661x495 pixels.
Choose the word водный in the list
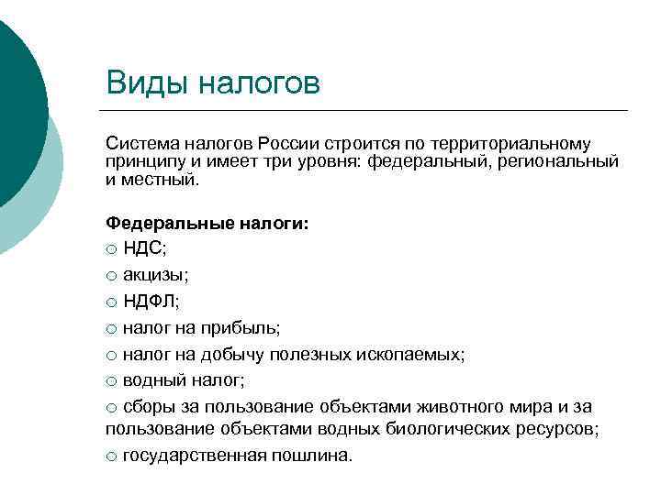click(150, 379)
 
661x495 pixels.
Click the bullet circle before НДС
click(112, 250)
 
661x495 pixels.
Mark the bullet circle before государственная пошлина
click(112, 456)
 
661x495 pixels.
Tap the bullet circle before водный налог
click(112, 379)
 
